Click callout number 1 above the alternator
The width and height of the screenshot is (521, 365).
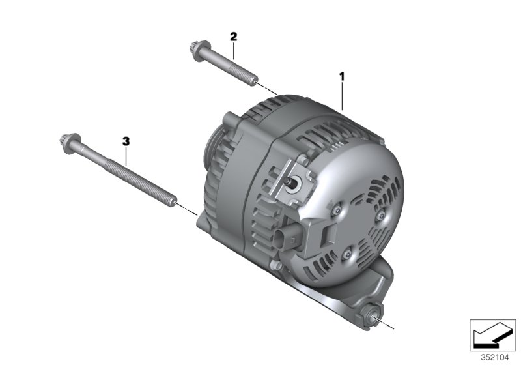coord(341,76)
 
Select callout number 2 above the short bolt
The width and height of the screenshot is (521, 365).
coord(232,36)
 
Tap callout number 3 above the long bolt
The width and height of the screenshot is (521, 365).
coord(126,141)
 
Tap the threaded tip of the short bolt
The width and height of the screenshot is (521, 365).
coord(249,81)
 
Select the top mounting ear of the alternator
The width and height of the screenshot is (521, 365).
coord(233,122)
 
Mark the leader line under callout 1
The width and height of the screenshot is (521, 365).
coord(341,95)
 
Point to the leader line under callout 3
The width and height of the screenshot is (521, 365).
coord(126,156)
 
